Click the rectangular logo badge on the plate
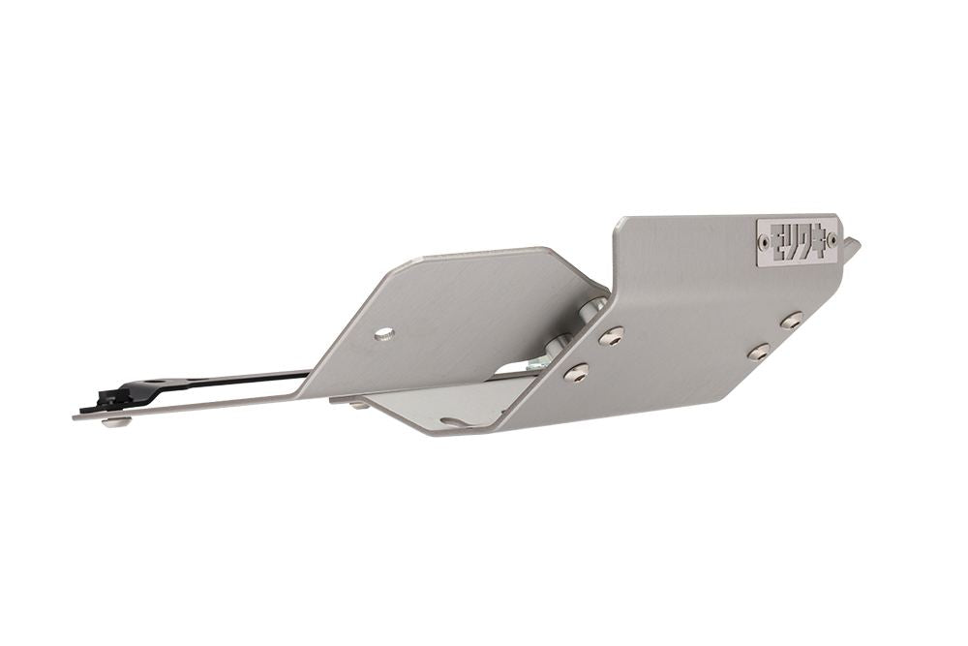coord(797,239)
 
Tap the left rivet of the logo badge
coord(766,242)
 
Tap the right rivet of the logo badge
coord(832,238)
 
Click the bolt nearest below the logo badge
coord(792,320)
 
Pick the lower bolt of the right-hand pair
coord(759,352)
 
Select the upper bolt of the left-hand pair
coord(611,335)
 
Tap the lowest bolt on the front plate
coord(575,371)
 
